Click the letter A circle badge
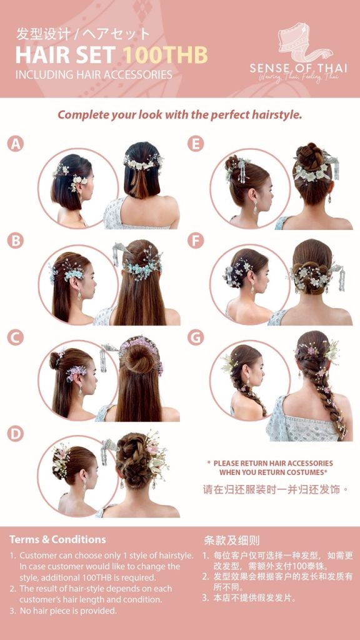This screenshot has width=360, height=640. click(16, 144)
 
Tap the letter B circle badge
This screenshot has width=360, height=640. click(16, 241)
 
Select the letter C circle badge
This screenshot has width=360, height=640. click(16, 337)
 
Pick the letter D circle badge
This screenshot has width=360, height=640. click(16, 434)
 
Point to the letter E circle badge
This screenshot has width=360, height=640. click(196, 144)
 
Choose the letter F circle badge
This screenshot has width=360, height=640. click(196, 241)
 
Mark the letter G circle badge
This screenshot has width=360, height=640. click(196, 337)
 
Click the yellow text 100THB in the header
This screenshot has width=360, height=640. click(165, 55)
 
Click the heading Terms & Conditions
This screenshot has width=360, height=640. click(57, 539)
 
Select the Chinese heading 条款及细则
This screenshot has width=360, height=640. click(231, 541)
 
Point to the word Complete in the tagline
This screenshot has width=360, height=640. click(78, 115)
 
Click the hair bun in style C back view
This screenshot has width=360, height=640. click(138, 357)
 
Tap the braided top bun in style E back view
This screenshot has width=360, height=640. click(310, 156)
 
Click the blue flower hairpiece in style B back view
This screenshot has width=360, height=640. click(142, 267)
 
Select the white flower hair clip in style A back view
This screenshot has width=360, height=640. click(143, 163)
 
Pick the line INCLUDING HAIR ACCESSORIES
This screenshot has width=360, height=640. click(94, 75)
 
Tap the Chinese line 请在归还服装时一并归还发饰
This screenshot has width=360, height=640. click(276, 489)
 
